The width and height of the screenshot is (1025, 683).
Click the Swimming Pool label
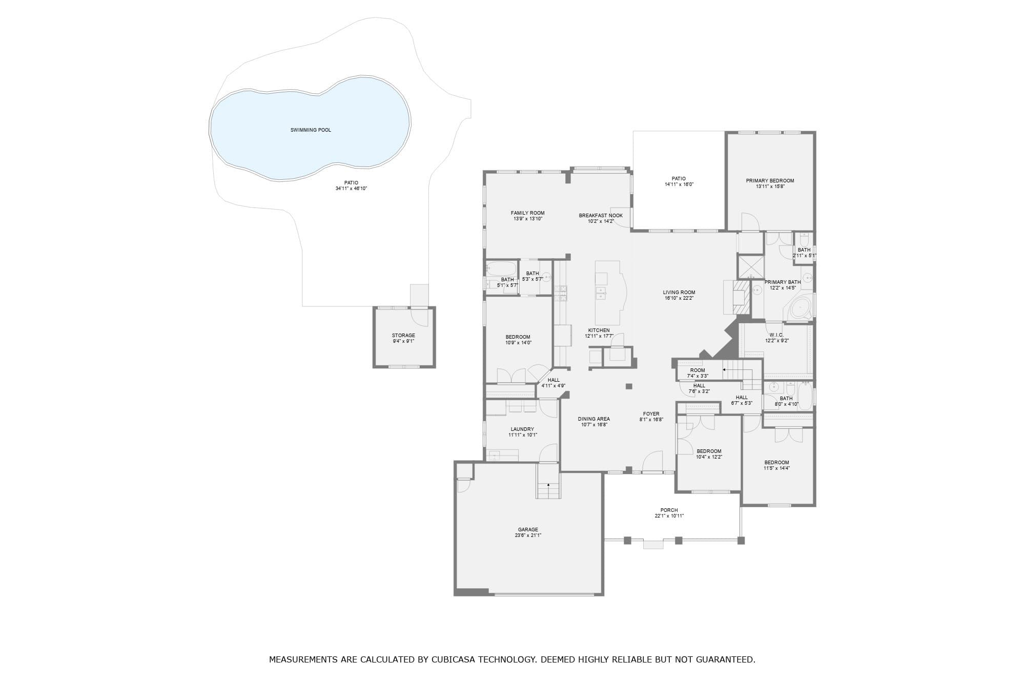pos(311,130)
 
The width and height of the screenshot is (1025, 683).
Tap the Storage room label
pos(403,336)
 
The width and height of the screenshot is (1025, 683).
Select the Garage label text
pos(528,530)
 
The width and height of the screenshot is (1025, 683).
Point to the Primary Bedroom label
pos(770,181)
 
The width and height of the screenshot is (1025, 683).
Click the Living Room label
pos(679,293)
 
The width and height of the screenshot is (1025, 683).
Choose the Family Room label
pos(527,213)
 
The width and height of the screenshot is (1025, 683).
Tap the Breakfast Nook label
pos(601,216)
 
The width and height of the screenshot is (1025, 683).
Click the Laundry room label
pos(522,429)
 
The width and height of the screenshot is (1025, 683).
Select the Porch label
pos(669,510)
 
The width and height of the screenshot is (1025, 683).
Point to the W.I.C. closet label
pos(776,335)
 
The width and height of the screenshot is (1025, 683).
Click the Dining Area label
pos(594,419)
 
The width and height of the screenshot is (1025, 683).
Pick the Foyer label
pos(651,414)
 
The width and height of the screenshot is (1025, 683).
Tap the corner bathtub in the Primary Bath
pos(799,308)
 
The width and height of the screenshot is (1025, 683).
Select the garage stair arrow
pos(548,485)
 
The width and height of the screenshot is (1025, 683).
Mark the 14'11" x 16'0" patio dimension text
pos(679,184)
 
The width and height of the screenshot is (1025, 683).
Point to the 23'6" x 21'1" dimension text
pos(528,535)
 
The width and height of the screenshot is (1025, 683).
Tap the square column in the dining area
pos(629,386)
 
